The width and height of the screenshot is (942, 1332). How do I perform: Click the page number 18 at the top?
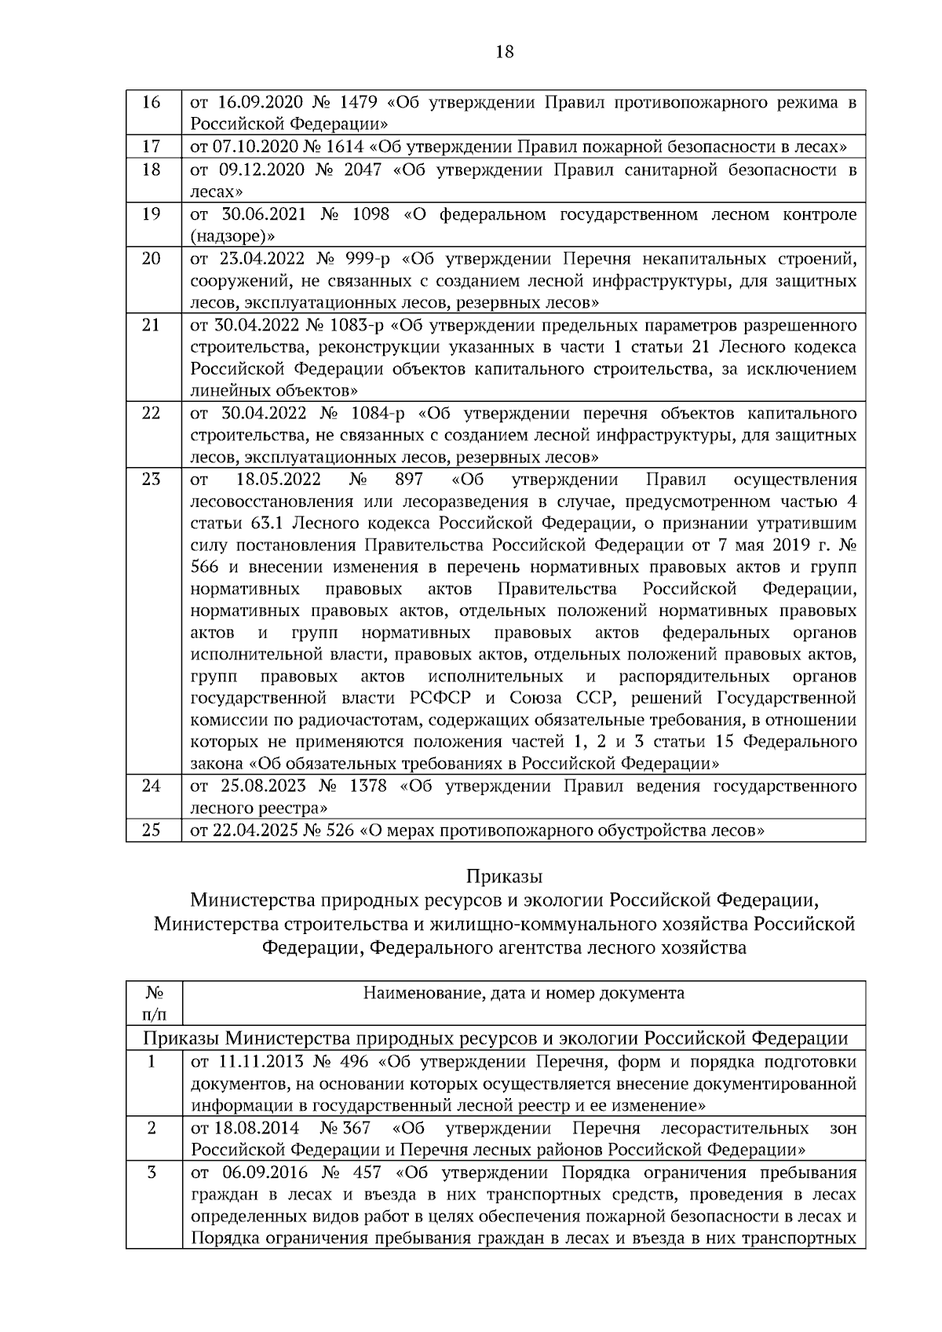point(505,53)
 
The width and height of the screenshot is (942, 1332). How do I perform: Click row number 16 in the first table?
point(152,103)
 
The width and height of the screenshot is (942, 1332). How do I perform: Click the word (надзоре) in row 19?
point(232,235)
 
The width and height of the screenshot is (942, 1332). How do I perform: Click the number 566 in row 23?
point(204,567)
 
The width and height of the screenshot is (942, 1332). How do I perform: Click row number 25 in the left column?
point(152,830)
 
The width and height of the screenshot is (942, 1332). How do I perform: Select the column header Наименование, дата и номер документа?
point(523,993)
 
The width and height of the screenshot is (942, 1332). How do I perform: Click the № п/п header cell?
point(153,1003)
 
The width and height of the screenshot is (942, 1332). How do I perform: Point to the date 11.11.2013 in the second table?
point(257,1062)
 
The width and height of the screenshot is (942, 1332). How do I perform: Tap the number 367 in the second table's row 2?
point(356,1129)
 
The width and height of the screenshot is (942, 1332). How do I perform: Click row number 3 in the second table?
point(152,1173)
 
